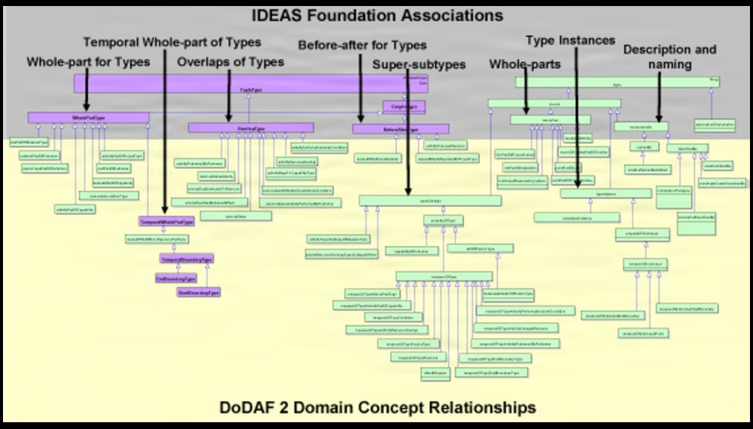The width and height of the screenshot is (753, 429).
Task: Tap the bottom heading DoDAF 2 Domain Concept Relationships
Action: click(377, 408)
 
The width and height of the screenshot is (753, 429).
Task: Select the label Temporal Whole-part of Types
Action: click(172, 41)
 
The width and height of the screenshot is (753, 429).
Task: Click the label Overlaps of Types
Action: click(230, 62)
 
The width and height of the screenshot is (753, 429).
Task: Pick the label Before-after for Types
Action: click(362, 45)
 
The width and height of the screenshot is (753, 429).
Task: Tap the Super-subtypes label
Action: click(419, 65)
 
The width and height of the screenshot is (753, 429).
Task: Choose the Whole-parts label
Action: click(525, 65)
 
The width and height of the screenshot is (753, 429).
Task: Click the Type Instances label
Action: click(570, 40)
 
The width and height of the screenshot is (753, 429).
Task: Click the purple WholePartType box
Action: click(89, 118)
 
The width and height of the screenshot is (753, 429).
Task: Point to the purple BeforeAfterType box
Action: click(401, 129)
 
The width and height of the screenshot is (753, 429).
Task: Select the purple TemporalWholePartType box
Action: click(166, 222)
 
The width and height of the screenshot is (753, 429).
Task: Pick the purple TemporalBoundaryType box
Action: click(186, 259)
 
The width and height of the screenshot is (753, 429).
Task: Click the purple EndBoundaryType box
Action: click(175, 277)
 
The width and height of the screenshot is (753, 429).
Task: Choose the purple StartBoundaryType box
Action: click(199, 291)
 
